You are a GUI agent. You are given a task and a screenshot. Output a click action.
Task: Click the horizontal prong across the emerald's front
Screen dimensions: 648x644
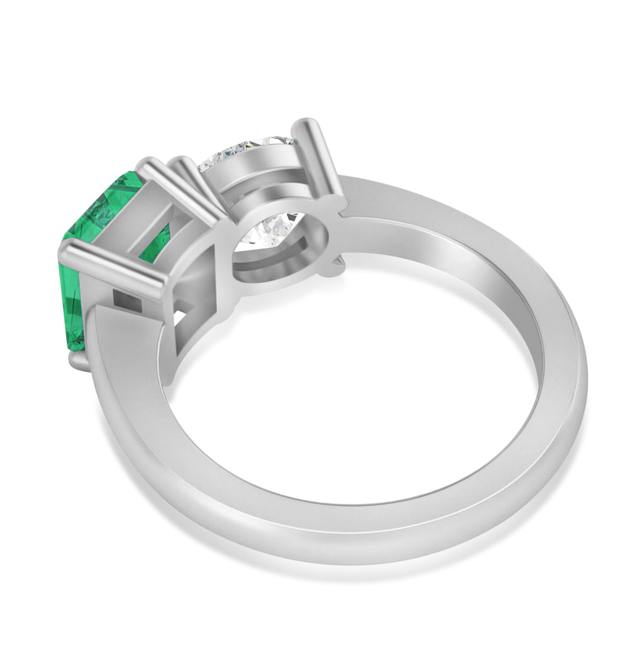(x=113, y=270)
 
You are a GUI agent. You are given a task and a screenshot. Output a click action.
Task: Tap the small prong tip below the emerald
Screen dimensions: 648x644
(x=79, y=361)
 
